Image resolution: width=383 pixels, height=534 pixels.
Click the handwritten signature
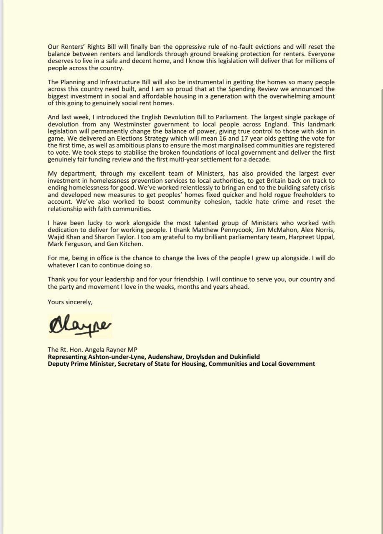tap(79, 325)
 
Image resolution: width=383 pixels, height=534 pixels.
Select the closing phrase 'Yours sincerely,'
tap(70, 302)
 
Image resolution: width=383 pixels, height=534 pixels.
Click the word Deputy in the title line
tap(59, 364)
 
